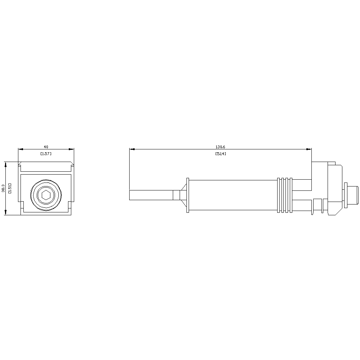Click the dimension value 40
pos(46,147)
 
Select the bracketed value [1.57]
pos(46,154)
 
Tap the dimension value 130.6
pos(220,147)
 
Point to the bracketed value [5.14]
pos(221,154)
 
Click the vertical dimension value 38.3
pos(3,188)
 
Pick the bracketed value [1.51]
pos(10,188)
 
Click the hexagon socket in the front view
pos(46,195)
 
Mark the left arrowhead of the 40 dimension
pos(21,149)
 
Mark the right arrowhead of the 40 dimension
pos(71,149)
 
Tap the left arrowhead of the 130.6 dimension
pos(132,149)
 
